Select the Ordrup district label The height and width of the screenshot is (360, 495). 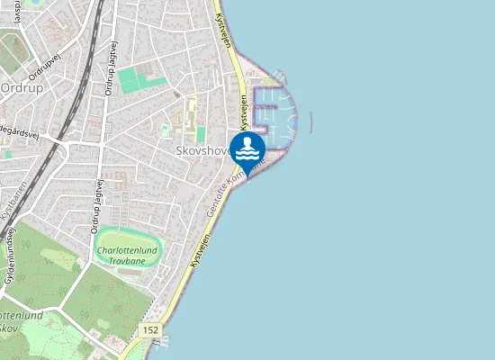click(x=17, y=87)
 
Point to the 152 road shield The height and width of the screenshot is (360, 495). click(x=151, y=330)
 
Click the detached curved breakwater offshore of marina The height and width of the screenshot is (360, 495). click(x=311, y=122)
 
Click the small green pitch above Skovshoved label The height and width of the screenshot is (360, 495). click(x=201, y=134)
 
